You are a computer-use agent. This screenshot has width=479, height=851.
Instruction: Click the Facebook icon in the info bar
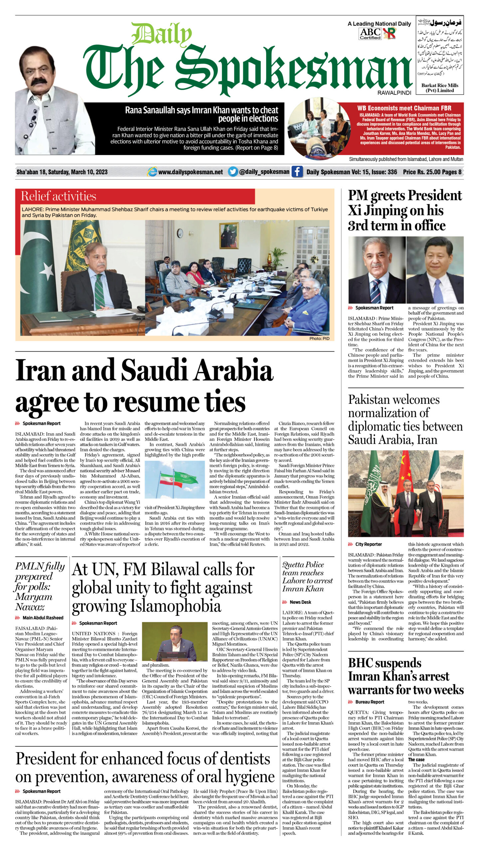pos(297,172)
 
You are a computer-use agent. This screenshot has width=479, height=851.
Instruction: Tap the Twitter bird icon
pos(233,172)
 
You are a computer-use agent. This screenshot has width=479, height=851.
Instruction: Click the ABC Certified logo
pos(370,34)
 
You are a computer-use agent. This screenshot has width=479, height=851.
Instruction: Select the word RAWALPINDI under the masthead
pos(394,93)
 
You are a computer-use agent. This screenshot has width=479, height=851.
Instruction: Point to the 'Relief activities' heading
pos(59,196)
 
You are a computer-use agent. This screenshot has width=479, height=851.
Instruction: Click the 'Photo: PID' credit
pos(319,338)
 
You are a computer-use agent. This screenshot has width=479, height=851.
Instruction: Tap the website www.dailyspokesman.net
pos(190,172)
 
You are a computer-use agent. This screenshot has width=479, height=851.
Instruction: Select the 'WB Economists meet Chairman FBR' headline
pos(404,108)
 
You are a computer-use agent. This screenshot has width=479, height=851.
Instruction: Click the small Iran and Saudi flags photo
pos(175,479)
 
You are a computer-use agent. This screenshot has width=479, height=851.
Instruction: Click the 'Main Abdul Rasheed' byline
pos(43,618)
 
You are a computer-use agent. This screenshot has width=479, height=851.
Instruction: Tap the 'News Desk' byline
pos(300,602)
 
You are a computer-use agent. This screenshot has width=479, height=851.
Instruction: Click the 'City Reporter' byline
pos(368,544)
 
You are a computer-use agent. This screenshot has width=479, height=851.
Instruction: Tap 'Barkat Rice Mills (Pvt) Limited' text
pos(439,88)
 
